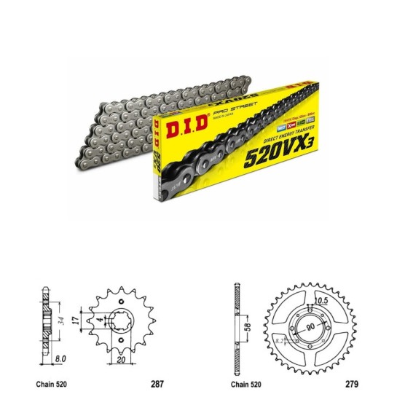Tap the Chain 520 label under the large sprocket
pyautogui.click(x=246, y=382)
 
